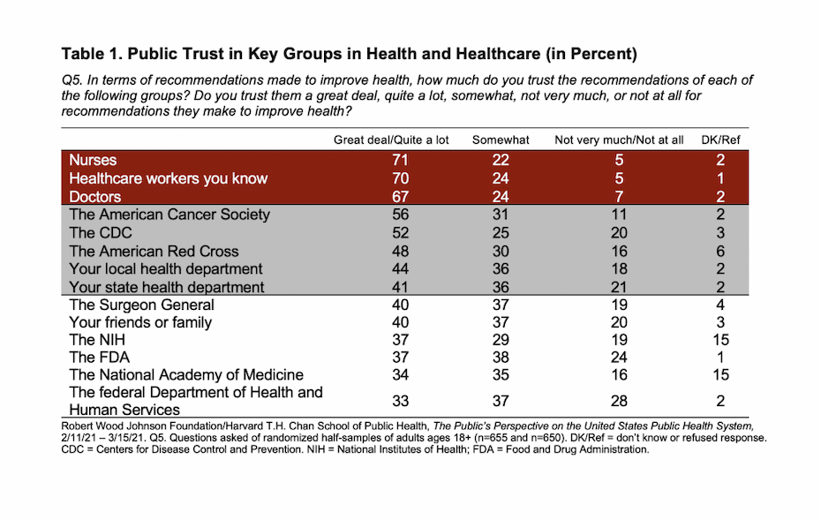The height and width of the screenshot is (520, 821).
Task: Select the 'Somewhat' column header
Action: (501, 139)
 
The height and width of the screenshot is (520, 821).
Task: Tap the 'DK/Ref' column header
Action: (721, 139)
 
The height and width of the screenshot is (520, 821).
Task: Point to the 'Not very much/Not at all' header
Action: (619, 139)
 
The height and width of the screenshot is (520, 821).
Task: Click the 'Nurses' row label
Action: (93, 161)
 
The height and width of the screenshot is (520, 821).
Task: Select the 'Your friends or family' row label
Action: (140, 322)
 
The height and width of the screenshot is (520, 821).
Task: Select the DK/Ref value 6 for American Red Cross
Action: (721, 251)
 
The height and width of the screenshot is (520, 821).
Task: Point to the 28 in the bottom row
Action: (619, 401)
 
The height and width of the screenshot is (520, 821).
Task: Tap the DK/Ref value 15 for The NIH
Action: (721, 340)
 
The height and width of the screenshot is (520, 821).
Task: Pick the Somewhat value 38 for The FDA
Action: (501, 358)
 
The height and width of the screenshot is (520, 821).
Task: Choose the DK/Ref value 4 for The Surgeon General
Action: (721, 305)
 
